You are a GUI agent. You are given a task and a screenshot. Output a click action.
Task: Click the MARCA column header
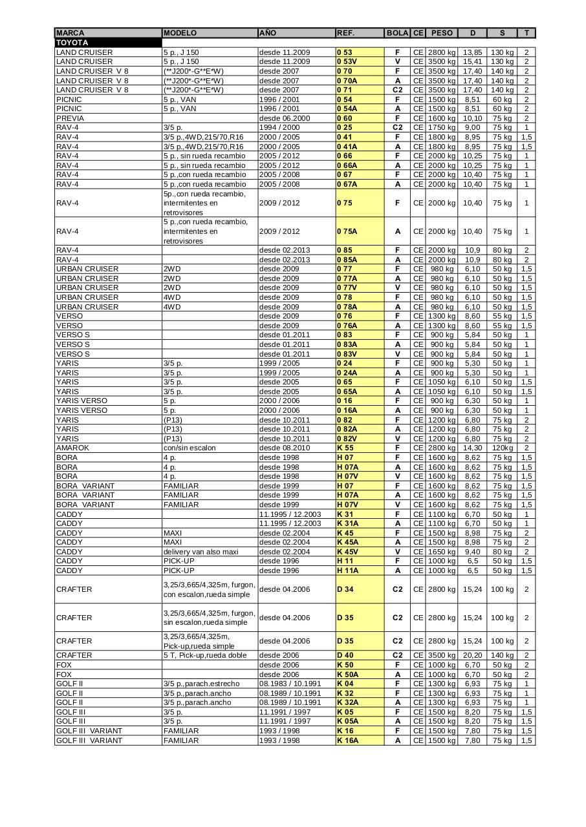click(x=70, y=33)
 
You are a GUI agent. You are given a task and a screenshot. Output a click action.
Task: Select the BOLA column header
click(x=397, y=33)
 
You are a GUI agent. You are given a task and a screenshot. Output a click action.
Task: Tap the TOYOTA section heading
click(x=72, y=43)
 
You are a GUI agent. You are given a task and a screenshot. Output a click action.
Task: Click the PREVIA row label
click(x=70, y=118)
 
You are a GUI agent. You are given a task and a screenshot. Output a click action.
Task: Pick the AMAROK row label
click(x=72, y=448)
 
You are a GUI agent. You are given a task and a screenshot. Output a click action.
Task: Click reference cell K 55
click(x=345, y=448)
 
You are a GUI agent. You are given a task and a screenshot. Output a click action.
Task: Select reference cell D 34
click(x=345, y=589)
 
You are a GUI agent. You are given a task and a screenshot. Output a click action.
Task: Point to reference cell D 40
click(x=345, y=655)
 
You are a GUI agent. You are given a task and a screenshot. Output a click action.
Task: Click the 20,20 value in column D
click(x=472, y=655)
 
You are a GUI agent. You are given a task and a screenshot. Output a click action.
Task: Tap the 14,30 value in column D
click(x=472, y=448)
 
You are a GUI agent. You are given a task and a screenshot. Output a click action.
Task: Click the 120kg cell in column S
click(x=502, y=448)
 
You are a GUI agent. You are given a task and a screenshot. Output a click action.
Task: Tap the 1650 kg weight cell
click(x=442, y=552)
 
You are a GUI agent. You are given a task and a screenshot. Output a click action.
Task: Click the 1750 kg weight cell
click(x=442, y=128)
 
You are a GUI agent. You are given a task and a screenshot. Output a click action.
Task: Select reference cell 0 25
click(x=344, y=128)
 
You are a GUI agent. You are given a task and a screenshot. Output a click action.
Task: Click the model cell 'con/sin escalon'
click(x=190, y=448)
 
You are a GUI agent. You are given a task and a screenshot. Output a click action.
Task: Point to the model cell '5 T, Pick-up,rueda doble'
click(x=205, y=655)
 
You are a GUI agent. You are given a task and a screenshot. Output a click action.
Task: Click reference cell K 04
click(x=345, y=684)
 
